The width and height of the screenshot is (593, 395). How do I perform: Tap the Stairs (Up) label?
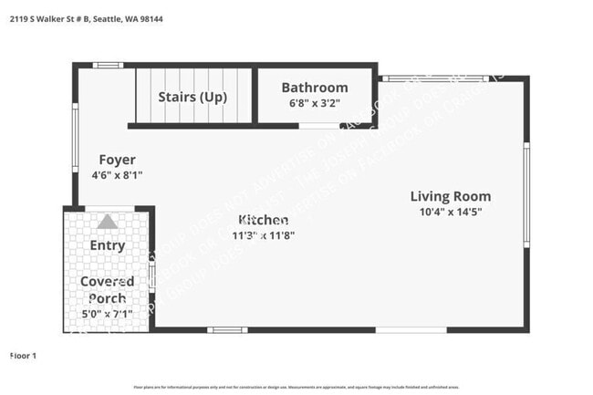tap(192, 97)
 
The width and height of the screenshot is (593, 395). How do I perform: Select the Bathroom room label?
tap(314, 88)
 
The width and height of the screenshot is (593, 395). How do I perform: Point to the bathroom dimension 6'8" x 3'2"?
tap(314, 103)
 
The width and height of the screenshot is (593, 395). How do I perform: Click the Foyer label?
tap(117, 160)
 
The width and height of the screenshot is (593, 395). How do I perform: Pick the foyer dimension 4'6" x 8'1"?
tap(117, 174)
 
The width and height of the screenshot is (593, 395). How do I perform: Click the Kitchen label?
tap(264, 220)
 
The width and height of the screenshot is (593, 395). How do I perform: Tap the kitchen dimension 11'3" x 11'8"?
tap(264, 234)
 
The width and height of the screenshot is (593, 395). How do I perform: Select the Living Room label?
tap(450, 196)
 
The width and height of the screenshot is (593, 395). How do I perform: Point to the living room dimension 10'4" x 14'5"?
tap(450, 212)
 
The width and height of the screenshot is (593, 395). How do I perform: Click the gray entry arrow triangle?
tap(108, 222)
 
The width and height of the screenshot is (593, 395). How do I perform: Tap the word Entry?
tap(108, 245)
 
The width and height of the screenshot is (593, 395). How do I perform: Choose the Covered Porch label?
tap(107, 290)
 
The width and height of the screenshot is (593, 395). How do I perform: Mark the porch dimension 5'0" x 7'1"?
tap(107, 314)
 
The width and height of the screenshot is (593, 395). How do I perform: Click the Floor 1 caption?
tap(23, 355)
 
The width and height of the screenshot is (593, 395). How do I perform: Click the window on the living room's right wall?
tap(526, 193)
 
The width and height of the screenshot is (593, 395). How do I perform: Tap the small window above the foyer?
tap(109, 65)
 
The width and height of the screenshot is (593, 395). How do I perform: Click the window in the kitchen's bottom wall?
tap(226, 329)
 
